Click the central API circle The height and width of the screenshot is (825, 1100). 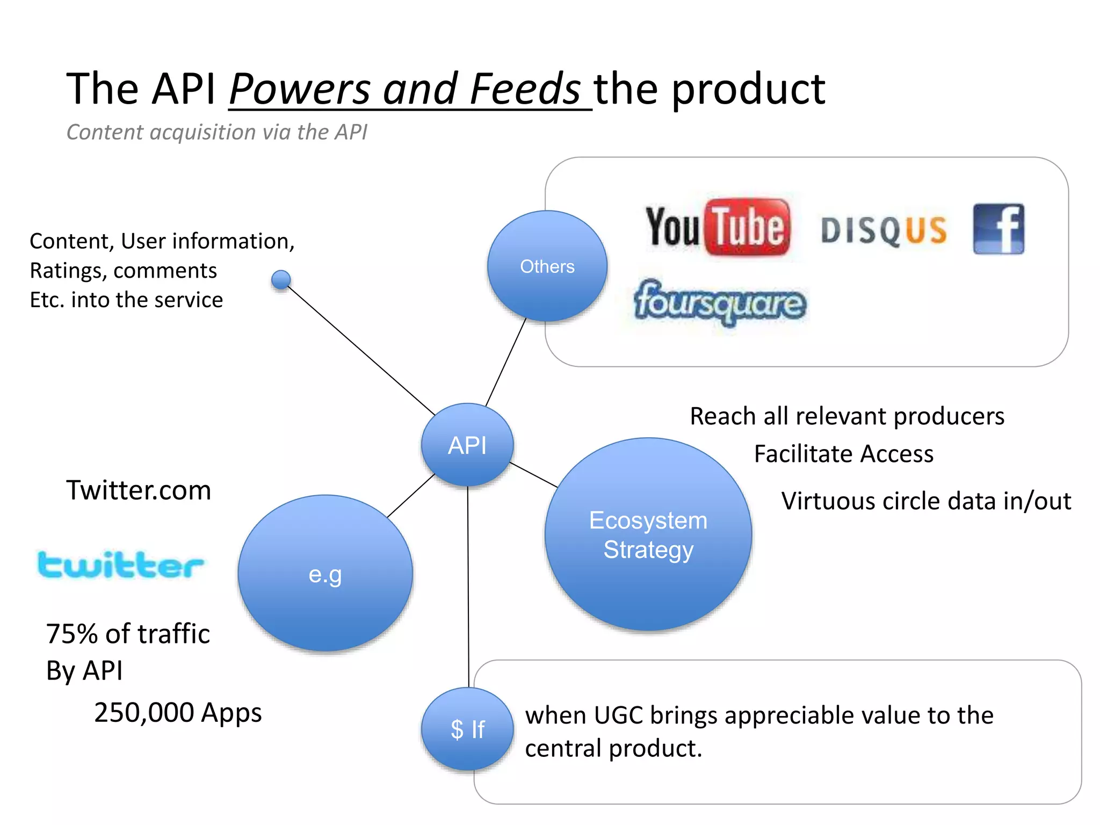[x=467, y=445]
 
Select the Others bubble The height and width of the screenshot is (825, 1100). [x=547, y=266]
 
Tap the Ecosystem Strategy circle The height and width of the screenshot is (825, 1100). [x=648, y=534]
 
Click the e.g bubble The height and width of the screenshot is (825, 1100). [x=325, y=574]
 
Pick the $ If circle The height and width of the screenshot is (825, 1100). [x=467, y=729]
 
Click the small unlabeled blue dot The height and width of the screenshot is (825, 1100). [x=281, y=280]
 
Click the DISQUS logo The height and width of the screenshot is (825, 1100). [x=884, y=231]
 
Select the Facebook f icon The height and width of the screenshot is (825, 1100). [x=998, y=229]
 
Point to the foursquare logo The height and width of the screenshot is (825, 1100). [x=720, y=302]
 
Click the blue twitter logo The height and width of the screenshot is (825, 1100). [x=120, y=565]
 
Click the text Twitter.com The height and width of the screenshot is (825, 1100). [x=139, y=490]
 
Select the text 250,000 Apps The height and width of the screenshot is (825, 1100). [x=178, y=713]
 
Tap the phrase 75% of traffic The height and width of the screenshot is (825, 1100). [x=128, y=634]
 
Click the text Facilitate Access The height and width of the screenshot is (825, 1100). [x=843, y=454]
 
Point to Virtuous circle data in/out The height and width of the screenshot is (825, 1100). [x=925, y=501]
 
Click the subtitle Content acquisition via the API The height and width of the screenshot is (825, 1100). [x=216, y=132]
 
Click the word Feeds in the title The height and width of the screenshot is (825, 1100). [x=525, y=89]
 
